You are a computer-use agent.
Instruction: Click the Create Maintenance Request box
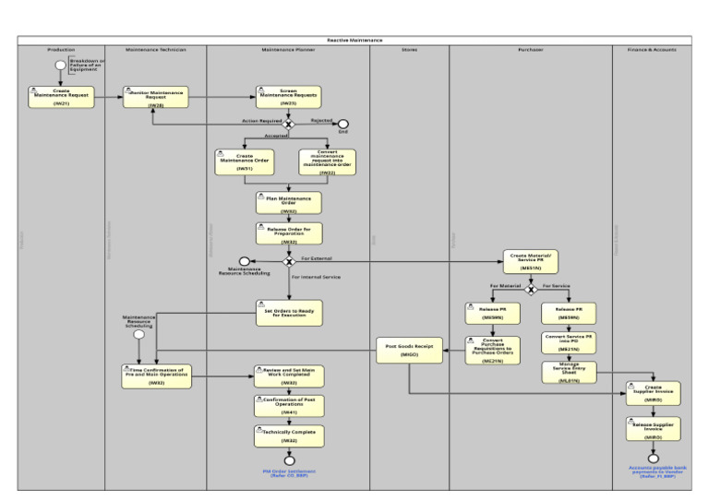(x=60, y=97)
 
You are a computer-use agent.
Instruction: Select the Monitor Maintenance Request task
(x=156, y=97)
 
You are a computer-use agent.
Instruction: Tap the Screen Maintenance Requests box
(x=289, y=97)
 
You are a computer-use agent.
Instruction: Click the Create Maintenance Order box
(x=245, y=162)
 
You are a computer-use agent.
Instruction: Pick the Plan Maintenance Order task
(x=289, y=203)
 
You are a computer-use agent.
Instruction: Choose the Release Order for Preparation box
(x=289, y=233)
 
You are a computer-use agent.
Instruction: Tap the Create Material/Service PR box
(x=531, y=261)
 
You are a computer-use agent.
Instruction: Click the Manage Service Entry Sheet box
(x=569, y=372)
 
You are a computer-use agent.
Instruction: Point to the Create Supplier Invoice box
(x=653, y=394)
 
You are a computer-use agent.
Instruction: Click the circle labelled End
(x=343, y=125)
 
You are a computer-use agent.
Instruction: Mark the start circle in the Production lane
(x=60, y=65)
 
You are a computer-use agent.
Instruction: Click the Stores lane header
(x=409, y=49)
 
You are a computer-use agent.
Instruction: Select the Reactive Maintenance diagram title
(x=354, y=41)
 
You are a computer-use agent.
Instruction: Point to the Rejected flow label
(x=321, y=119)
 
